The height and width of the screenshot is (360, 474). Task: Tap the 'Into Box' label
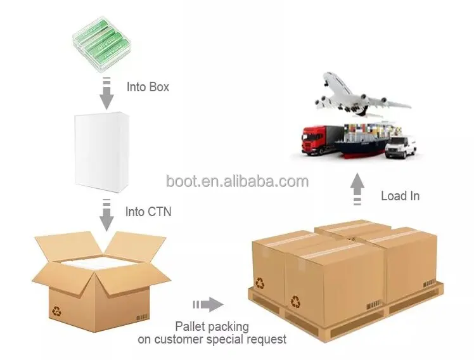(148, 87)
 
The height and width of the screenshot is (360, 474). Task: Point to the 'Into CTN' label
(148, 212)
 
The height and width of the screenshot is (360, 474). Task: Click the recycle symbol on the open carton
(56, 312)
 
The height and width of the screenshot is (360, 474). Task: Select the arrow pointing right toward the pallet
(208, 305)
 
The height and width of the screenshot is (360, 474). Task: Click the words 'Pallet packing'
(212, 326)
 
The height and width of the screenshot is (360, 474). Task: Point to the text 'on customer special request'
(212, 339)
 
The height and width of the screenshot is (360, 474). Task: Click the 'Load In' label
(400, 196)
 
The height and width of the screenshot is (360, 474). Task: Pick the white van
(402, 146)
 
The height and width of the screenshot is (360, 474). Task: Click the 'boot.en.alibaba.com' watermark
(237, 182)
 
